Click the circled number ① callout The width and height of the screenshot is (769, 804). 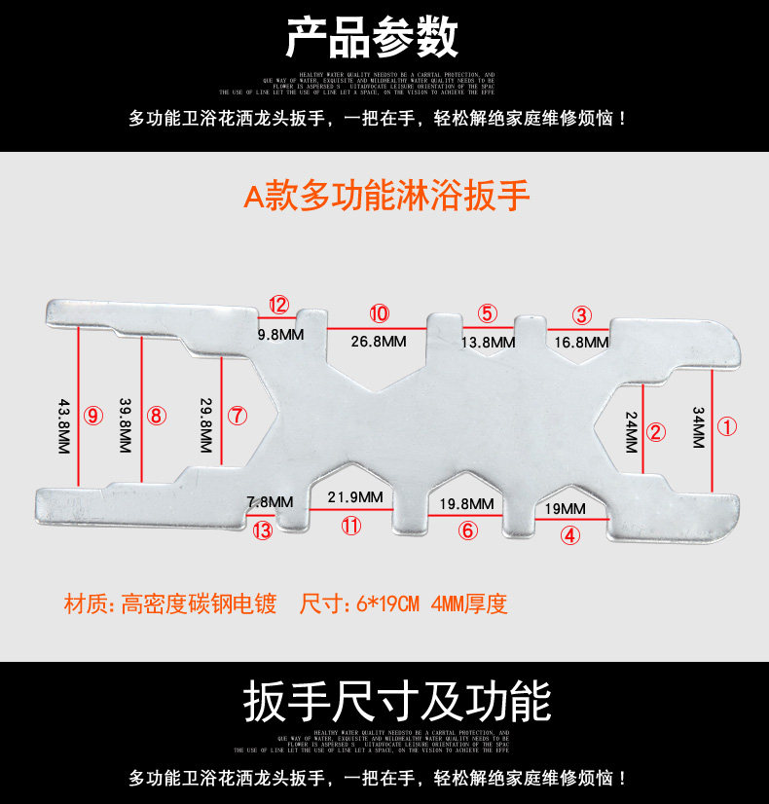(728, 426)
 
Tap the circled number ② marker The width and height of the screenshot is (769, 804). (655, 432)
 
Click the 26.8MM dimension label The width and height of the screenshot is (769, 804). (379, 342)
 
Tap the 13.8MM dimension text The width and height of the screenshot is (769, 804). (488, 342)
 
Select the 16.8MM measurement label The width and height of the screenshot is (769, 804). (581, 342)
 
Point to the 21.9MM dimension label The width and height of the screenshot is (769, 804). (354, 497)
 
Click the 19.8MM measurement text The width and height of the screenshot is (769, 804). (466, 504)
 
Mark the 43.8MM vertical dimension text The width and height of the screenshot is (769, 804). (64, 426)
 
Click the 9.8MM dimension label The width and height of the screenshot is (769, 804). (281, 334)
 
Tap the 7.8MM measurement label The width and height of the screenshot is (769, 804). (270, 502)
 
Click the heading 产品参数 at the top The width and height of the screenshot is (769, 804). (371, 39)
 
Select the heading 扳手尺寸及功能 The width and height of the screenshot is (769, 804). (396, 701)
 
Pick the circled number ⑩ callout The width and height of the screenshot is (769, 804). (379, 313)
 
